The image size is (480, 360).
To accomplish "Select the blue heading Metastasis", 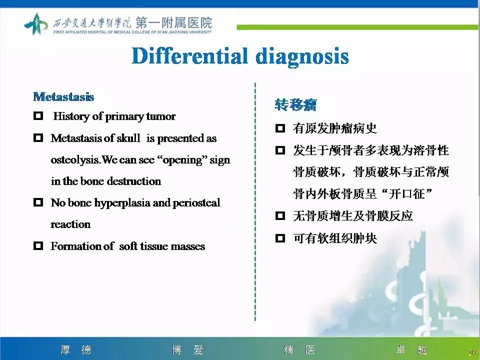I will [63, 96].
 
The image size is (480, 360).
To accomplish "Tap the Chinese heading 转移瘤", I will [295, 105].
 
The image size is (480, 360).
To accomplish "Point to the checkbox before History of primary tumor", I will [38, 116].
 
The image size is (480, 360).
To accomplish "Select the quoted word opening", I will [181, 160].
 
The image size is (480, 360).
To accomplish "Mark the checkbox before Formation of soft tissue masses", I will [38, 246].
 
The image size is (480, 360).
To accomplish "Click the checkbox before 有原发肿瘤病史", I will [280, 129].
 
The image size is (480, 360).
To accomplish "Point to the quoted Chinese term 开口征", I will [409, 194].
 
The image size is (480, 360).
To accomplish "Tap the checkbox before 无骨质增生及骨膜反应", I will [280, 216].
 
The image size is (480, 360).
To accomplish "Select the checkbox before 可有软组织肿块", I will [280, 238].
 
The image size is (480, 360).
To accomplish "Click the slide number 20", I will [471, 352].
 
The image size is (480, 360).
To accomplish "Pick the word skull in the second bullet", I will [128, 138].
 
